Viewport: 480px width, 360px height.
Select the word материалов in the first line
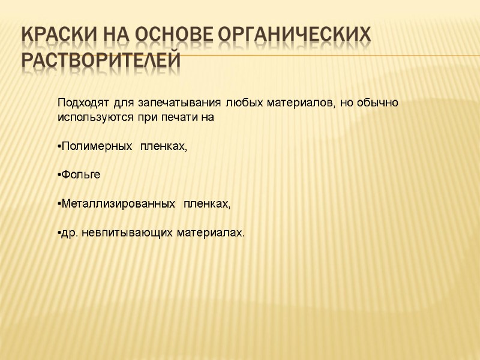tap(295, 103)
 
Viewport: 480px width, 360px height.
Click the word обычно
tap(379, 103)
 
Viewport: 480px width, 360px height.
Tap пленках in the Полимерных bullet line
tap(163, 146)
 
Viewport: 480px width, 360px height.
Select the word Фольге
tap(82, 175)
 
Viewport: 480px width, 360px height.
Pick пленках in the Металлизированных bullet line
tap(206, 204)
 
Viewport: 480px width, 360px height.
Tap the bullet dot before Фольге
tap(59, 175)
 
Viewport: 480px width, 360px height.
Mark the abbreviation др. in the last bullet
tap(70, 232)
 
